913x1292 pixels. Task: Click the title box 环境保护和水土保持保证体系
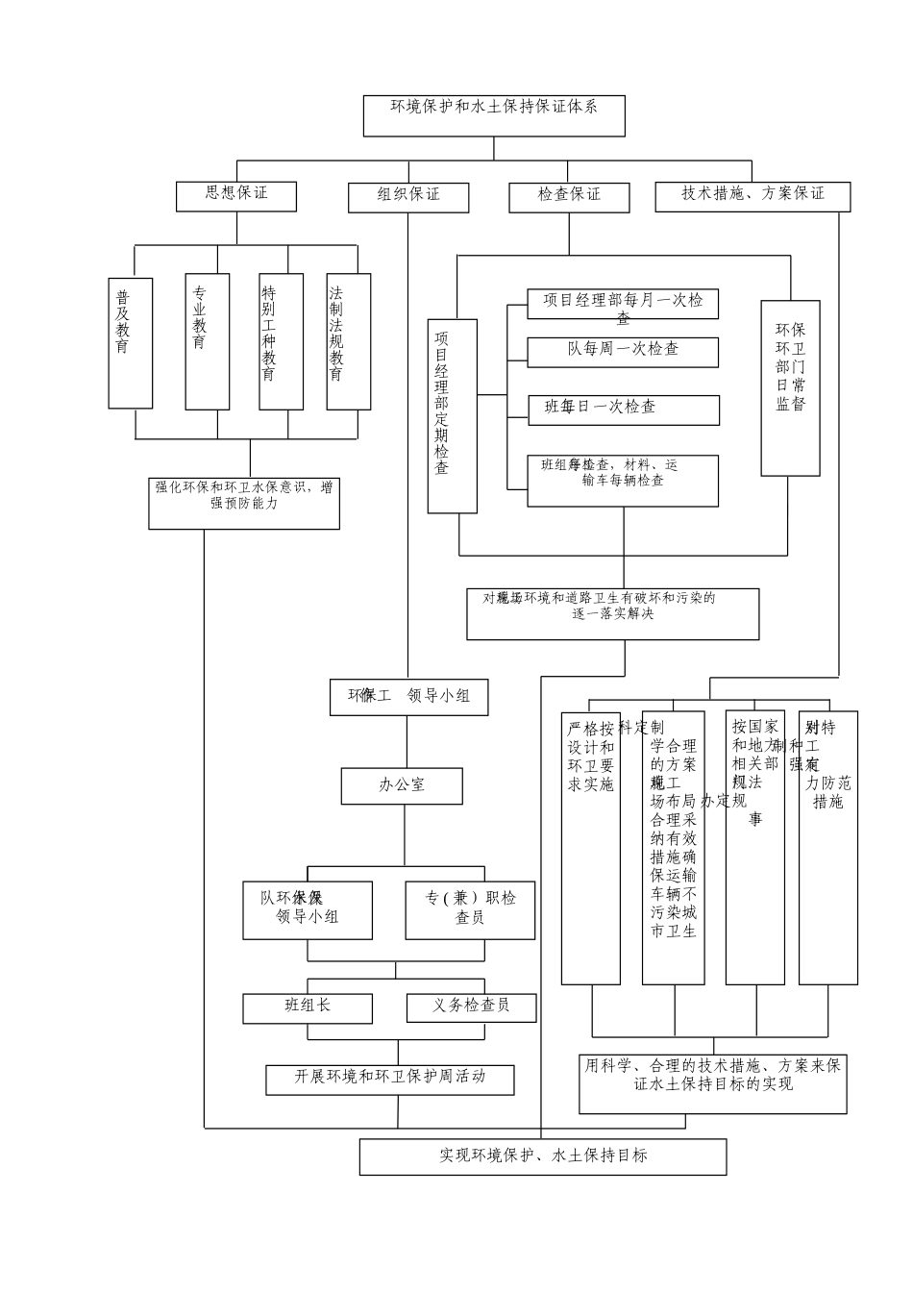(494, 115)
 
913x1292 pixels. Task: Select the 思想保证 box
(236, 195)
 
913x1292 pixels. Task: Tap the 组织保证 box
(408, 196)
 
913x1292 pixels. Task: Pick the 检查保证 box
(569, 196)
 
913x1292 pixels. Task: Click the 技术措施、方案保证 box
(753, 195)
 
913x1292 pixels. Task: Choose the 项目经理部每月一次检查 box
(623, 304)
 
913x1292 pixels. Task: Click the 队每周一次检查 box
(623, 351)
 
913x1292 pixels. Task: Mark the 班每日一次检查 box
(623, 410)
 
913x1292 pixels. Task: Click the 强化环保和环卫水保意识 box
(244, 502)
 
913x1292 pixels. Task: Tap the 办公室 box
(402, 785)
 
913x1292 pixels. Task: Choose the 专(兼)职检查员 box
(470, 909)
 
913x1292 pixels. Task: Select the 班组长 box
(308, 1007)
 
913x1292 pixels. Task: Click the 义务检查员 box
(471, 1007)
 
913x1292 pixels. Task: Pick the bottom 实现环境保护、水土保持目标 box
(543, 1156)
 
